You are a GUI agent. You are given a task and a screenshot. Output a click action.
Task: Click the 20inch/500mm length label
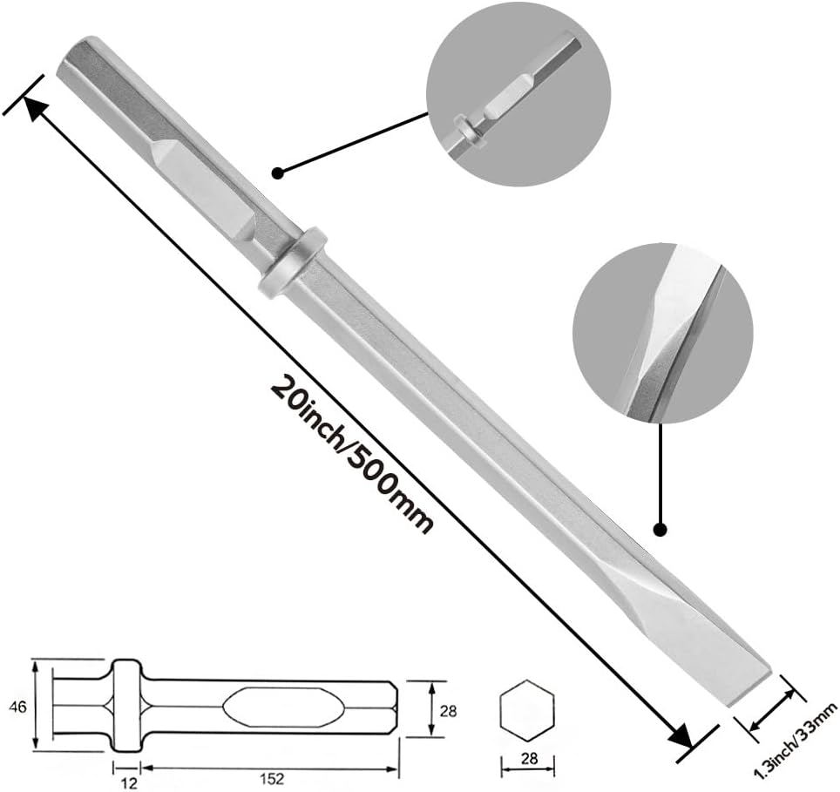[353, 453]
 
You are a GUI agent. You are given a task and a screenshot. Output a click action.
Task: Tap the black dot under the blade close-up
[660, 528]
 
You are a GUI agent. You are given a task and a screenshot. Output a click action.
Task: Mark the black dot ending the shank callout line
[278, 173]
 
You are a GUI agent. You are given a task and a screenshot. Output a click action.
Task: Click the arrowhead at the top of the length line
[36, 108]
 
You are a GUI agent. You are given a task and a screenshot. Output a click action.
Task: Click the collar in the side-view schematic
[126, 705]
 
